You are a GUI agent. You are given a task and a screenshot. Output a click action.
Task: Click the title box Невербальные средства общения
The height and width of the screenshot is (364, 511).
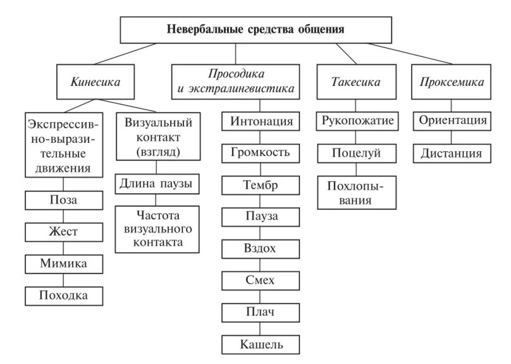[255, 29]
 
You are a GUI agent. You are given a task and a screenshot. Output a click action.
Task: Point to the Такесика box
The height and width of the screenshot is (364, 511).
[355, 82]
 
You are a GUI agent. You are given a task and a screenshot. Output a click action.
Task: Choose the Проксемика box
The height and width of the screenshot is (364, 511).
[451, 82]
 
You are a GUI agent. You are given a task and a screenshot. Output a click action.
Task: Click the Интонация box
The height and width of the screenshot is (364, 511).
[261, 120]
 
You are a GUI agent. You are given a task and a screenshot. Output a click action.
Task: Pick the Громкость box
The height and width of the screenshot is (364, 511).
[260, 152]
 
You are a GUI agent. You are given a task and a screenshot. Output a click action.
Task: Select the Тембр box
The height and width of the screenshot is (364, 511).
[260, 185]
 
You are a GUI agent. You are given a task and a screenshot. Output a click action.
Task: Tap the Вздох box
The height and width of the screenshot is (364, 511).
[260, 248]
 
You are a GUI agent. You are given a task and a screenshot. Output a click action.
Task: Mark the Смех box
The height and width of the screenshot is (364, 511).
[260, 280]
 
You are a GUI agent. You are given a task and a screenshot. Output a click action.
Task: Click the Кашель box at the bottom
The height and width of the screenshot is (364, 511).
[261, 344]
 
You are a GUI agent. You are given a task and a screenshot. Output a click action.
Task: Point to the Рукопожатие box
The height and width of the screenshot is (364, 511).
[357, 120]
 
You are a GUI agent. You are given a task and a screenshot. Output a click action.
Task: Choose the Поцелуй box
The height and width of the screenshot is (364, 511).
[357, 152]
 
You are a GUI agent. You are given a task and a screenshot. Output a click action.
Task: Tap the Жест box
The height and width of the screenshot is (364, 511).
[63, 232]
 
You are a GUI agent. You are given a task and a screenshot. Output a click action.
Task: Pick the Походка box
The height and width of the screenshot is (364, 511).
[63, 295]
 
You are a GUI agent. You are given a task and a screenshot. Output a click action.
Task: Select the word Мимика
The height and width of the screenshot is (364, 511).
[63, 264]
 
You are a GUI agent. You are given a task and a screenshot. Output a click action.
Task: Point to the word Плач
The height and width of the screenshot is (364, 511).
[260, 312]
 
